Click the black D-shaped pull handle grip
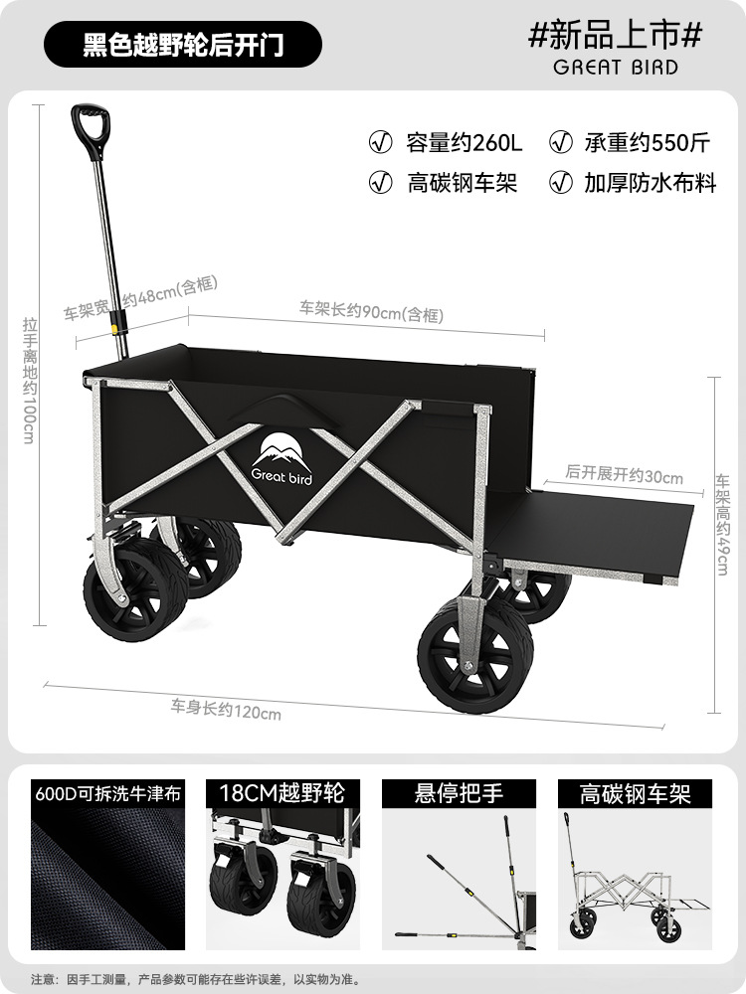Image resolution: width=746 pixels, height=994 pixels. tap(90, 129)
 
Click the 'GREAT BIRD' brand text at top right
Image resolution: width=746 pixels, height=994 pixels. tap(617, 68)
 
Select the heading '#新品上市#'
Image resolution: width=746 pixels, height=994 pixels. tap(616, 35)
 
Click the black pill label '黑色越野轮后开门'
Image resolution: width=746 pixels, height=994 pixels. tap(183, 45)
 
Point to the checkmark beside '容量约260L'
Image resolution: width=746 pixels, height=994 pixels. tap(380, 142)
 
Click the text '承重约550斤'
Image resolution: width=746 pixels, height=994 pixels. tap(647, 142)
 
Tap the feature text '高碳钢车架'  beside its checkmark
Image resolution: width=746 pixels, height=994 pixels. tap(463, 183)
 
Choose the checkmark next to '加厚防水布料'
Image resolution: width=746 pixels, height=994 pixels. tap(562, 183)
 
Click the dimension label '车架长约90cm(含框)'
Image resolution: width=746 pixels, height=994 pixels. tap(371, 312)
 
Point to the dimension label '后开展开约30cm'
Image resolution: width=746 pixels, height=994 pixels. tap(624, 475)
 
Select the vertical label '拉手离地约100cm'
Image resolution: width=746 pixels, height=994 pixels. tap(29, 380)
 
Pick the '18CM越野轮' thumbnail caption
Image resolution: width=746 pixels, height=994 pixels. tap(278, 793)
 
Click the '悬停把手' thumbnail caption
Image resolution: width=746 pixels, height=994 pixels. tap(459, 793)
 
